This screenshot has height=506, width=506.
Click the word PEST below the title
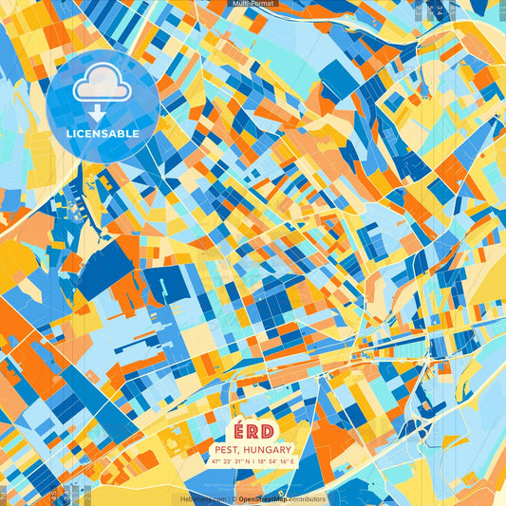click(226, 449)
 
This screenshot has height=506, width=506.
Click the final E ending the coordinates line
click(293, 460)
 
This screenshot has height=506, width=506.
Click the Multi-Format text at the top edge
click(253, 4)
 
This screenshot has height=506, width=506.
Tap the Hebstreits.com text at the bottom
click(204, 498)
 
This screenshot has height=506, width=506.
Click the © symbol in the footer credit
click(234, 498)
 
